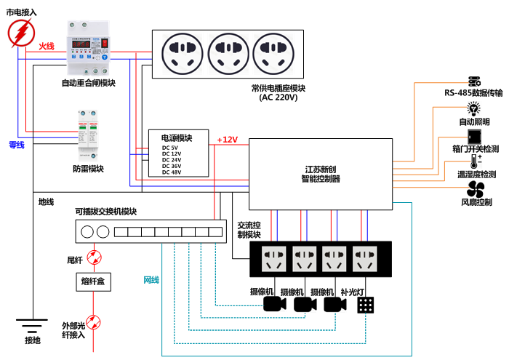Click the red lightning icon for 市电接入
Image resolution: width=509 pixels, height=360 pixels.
(x=22, y=33)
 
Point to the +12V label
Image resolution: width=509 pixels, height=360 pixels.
(x=227, y=140)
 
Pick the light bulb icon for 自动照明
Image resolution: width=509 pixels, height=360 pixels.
(x=474, y=109)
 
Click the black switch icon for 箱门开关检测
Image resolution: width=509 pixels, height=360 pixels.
(x=475, y=136)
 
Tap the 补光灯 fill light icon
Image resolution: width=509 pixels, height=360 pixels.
(x=366, y=305)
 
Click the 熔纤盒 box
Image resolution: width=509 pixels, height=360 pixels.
(x=94, y=281)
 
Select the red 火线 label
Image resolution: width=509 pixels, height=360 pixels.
(x=47, y=46)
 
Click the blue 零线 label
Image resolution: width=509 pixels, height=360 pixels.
(x=16, y=145)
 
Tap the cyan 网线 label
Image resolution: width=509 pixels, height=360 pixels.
(x=151, y=280)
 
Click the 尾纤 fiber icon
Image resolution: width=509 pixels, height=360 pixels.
(x=94, y=257)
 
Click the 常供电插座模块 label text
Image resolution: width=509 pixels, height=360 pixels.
(x=278, y=87)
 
